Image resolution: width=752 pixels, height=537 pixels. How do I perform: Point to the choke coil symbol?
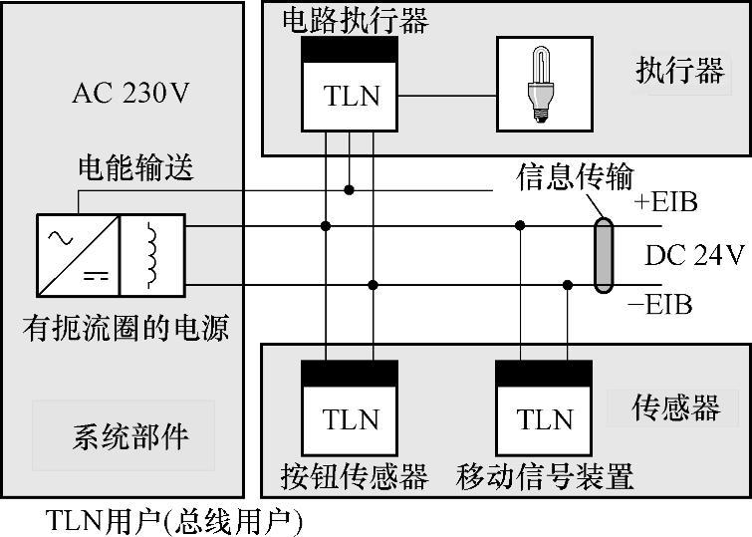[x=152, y=255]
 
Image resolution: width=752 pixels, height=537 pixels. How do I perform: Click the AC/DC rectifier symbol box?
[x=79, y=255]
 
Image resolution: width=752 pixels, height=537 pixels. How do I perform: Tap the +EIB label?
[x=665, y=203]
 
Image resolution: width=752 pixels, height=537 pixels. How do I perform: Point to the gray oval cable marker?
[x=604, y=256]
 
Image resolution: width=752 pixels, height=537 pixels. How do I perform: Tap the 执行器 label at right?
[x=680, y=71]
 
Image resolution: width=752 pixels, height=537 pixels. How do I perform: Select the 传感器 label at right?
[x=677, y=408]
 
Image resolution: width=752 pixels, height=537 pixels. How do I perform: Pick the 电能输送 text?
[x=135, y=168]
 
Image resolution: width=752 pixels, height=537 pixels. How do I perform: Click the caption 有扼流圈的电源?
[x=125, y=326]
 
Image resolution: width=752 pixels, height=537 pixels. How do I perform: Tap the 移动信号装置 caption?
[x=545, y=476]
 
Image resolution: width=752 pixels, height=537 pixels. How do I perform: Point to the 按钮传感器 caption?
[x=355, y=476]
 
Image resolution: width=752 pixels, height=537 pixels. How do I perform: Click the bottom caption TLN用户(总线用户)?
[x=174, y=520]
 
